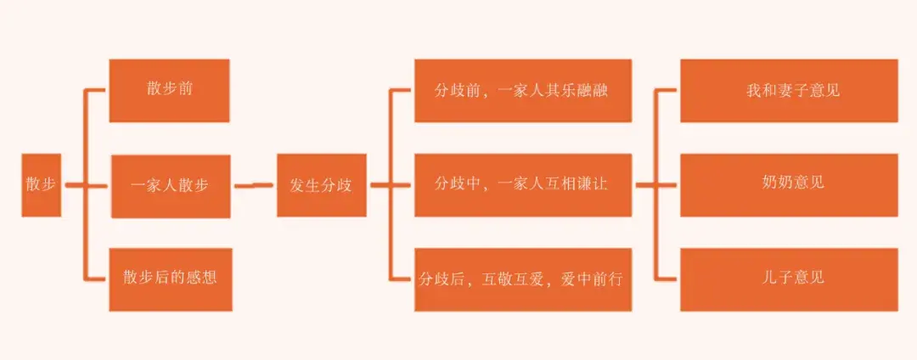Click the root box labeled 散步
[41, 185]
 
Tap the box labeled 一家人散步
[170, 185]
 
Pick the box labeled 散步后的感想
[170, 278]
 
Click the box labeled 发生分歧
[321, 185]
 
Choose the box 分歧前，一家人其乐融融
[522, 90]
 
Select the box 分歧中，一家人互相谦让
[522, 184]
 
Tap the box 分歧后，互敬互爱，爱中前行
[522, 278]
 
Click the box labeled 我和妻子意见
[789, 90]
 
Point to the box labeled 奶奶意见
[789, 184]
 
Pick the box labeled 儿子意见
[789, 278]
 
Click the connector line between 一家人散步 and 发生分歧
[253, 185]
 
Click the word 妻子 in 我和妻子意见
[789, 90]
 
